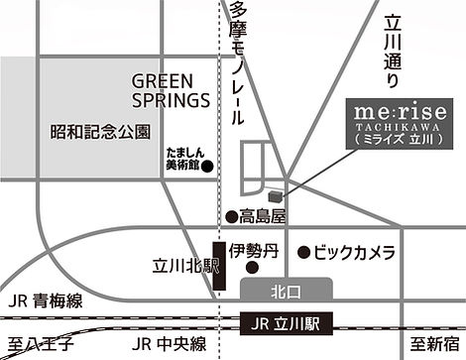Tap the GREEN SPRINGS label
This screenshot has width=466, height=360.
[171, 89]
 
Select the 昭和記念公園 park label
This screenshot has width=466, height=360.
[99, 130]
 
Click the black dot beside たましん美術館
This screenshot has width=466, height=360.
[206, 167]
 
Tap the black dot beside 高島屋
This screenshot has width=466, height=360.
[230, 215]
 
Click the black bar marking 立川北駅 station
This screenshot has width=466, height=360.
[218, 265]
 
